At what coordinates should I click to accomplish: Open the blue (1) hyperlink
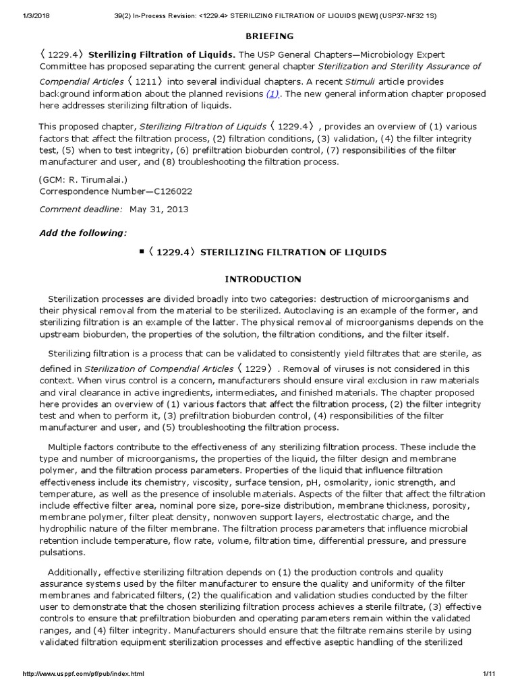(x=272, y=94)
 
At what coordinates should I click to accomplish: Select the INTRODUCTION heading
(x=262, y=279)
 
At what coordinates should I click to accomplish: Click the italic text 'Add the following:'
(x=82, y=232)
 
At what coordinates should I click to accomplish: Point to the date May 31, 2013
(x=159, y=209)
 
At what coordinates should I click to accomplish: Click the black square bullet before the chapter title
(x=141, y=251)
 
